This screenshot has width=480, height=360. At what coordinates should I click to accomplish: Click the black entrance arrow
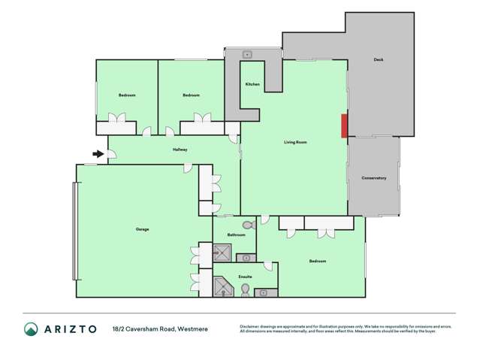coord(98,154)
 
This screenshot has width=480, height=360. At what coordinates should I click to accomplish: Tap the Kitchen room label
coord(252,84)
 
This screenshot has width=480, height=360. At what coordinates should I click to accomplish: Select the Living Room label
coord(295,142)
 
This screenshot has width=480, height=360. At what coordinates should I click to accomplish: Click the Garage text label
coord(142,228)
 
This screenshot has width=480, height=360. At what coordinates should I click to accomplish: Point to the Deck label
coord(379,59)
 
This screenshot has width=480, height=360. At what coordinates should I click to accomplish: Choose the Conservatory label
coord(373,178)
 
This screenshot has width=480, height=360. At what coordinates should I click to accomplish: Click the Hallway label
coord(180,150)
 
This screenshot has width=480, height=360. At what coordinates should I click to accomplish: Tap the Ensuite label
coord(245,277)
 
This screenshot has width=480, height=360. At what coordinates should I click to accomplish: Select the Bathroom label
coord(237,235)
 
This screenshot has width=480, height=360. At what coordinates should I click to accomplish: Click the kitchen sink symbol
coord(247,54)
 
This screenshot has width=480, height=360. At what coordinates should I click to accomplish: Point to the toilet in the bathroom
coord(248,225)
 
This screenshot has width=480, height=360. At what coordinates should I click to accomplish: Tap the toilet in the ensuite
coord(245,289)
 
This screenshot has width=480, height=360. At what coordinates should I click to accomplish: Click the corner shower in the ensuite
coord(224,286)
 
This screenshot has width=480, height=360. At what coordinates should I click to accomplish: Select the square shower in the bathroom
coord(223,253)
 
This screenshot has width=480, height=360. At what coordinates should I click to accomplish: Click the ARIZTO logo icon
coord(31,328)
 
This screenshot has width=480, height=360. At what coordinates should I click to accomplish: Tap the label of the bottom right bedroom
coord(318,261)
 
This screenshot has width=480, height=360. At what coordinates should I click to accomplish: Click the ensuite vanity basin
coord(263,292)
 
